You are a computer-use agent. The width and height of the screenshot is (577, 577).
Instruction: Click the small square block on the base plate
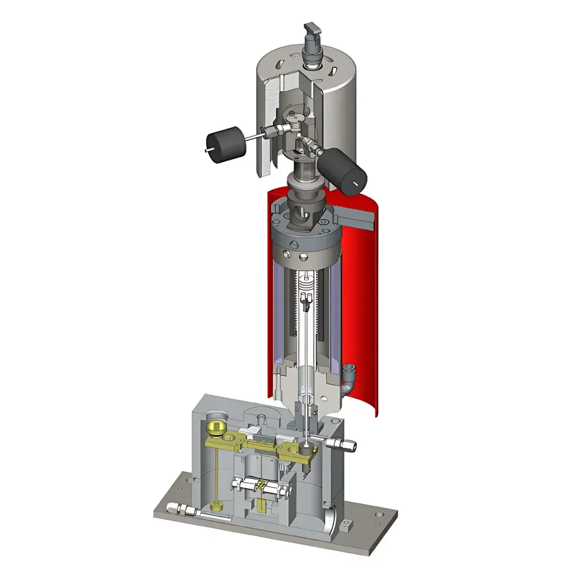point(346,524)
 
